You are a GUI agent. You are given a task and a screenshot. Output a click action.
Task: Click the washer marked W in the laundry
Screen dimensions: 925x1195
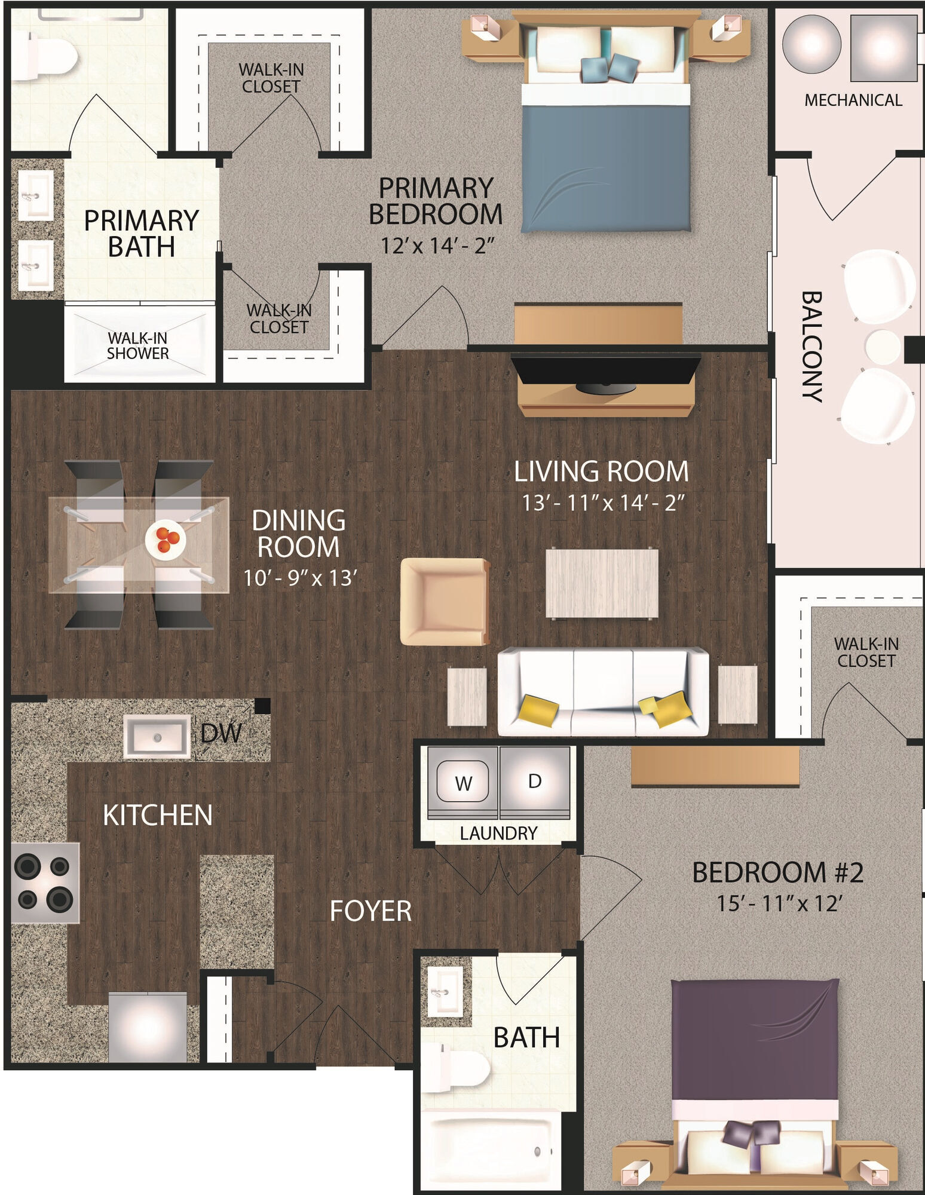pos(463,782)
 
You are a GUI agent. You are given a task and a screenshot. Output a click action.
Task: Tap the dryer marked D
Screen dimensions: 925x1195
pos(535,782)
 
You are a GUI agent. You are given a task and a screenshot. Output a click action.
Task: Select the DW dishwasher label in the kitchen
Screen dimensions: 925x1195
pos(221,734)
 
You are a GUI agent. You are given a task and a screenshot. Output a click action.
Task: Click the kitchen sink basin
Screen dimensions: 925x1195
pos(157,737)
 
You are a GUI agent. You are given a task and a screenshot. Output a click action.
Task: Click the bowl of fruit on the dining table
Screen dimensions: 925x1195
pos(166,540)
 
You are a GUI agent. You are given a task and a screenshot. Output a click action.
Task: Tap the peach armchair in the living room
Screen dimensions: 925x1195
pos(445,602)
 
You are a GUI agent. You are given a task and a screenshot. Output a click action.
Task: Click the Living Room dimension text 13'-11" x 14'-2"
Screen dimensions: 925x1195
pos(603,502)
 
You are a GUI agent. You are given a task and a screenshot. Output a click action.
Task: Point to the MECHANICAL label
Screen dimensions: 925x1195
pos(853,100)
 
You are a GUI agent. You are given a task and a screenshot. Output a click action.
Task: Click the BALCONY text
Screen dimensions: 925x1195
pos(812,346)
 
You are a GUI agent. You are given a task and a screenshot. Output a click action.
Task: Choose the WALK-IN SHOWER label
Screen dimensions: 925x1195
pos(137,345)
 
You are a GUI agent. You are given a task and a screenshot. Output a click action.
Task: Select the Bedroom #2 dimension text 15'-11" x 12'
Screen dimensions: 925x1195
pos(779,903)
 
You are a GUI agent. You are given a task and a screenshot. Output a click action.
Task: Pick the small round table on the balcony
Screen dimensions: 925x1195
pos(883,347)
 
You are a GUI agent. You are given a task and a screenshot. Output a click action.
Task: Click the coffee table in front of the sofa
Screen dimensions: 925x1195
pos(602,583)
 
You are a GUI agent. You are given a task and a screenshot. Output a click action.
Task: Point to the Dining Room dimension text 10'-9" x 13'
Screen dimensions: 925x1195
pos(300,578)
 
